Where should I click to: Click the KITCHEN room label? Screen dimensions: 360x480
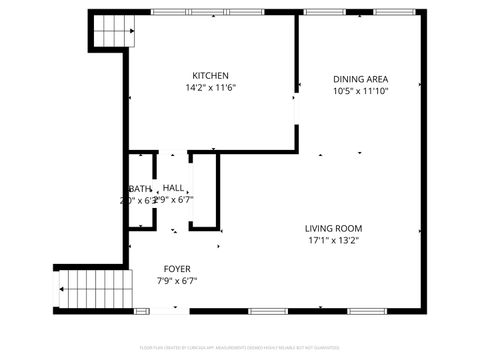pos(211,76)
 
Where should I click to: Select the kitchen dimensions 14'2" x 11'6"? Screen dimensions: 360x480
pos(211,88)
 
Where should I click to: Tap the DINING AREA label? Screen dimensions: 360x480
pos(360,79)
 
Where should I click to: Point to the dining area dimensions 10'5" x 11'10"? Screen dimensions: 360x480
pos(360,91)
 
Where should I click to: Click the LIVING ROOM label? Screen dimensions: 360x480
pos(333,228)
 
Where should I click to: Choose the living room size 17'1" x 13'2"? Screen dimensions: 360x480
pos(333,240)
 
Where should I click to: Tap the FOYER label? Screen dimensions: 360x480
pos(178,269)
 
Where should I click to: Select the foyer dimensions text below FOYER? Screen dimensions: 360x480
pos(178,281)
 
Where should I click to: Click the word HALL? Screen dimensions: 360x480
pos(174,188)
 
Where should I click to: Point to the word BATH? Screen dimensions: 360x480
pos(139,188)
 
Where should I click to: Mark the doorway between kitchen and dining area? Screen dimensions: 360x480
pos(295,109)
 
